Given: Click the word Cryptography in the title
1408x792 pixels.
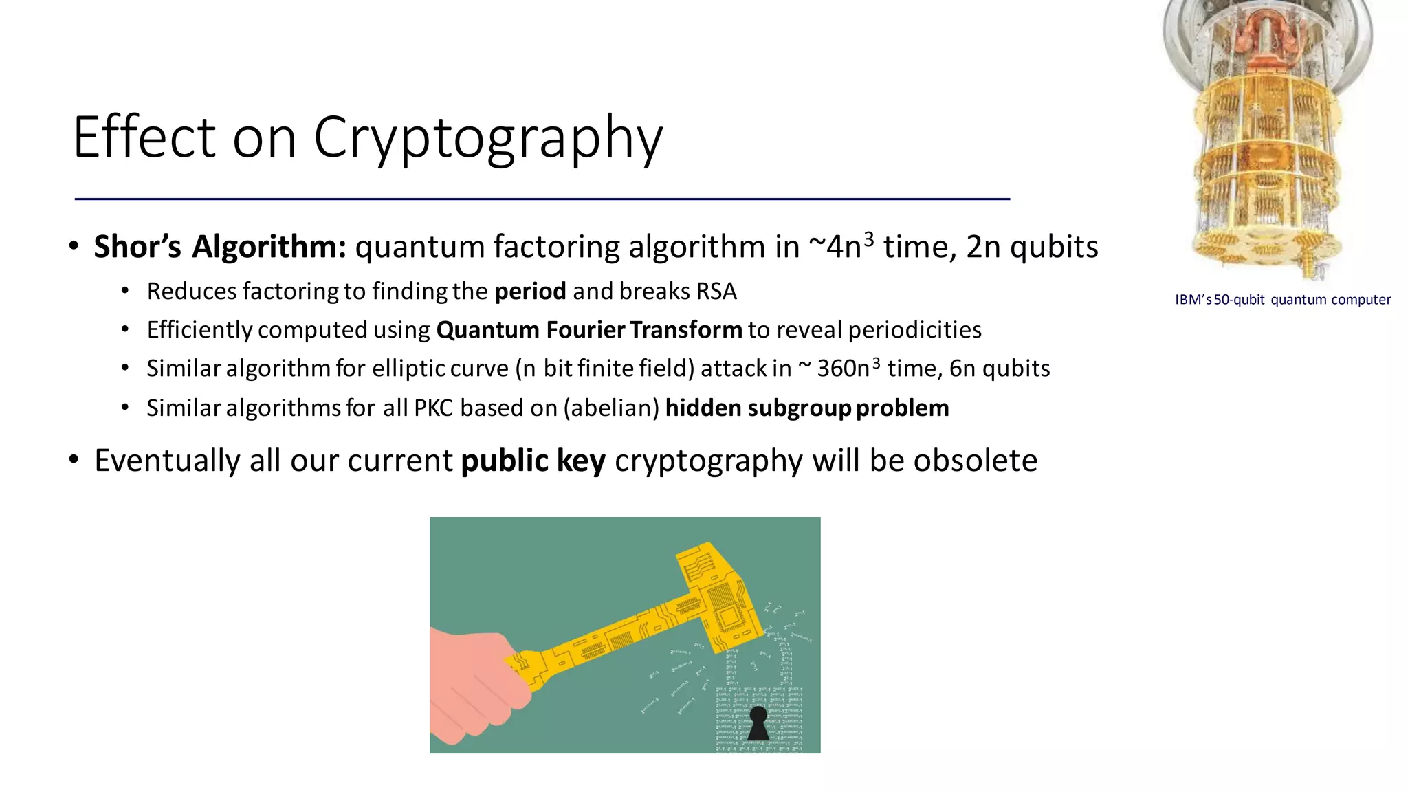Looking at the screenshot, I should (488, 137).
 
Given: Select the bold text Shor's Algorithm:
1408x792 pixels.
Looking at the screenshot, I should (220, 247).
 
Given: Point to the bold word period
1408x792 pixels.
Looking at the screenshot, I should (530, 291).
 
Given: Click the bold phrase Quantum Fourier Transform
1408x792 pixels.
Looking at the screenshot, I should (589, 330).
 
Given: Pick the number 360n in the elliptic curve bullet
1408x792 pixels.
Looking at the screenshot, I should (843, 368).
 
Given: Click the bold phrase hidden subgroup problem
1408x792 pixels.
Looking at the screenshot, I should (806, 408).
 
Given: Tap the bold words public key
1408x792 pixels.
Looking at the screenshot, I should (533, 461).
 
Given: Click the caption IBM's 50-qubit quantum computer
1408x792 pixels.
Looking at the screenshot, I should (1282, 300).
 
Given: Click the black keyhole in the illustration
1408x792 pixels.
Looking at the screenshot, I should (758, 723).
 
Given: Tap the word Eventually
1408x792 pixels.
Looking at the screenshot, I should (167, 461).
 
